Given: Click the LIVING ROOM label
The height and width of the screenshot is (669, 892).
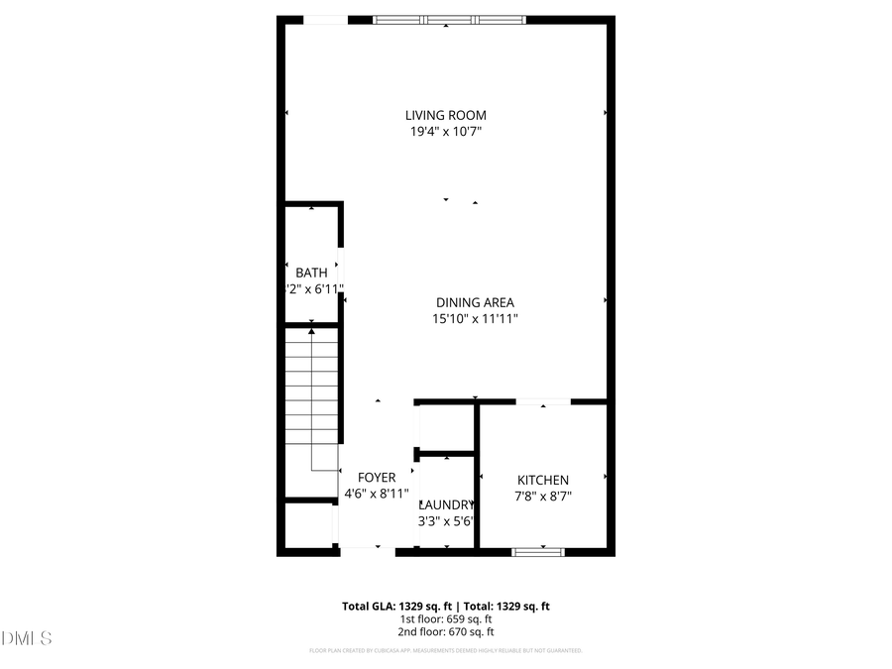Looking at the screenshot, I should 445,115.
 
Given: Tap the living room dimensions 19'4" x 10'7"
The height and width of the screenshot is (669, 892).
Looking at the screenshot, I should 445,131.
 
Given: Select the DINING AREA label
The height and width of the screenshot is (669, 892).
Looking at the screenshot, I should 475,303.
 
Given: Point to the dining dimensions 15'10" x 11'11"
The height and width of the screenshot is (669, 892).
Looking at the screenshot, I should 475,319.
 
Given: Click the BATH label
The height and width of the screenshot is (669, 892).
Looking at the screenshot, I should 311,273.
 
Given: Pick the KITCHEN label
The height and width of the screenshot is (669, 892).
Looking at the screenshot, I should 542,480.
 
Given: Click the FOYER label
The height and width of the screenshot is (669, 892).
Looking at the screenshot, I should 377,478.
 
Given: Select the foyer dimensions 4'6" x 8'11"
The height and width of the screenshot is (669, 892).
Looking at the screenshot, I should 377,494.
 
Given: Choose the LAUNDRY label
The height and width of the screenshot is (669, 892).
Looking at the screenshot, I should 447,503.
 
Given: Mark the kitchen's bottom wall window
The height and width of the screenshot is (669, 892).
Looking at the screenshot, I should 538,550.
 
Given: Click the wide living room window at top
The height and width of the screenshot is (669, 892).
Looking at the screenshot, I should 449,19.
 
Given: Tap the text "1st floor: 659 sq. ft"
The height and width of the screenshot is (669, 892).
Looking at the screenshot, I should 446,618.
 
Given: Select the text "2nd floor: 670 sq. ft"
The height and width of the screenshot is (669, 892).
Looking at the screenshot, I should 446,631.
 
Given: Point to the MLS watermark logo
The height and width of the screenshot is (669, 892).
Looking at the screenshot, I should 27,637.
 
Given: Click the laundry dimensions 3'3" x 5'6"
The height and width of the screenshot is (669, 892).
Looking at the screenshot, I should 447,520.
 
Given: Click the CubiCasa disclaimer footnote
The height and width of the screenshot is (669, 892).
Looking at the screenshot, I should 446,651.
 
